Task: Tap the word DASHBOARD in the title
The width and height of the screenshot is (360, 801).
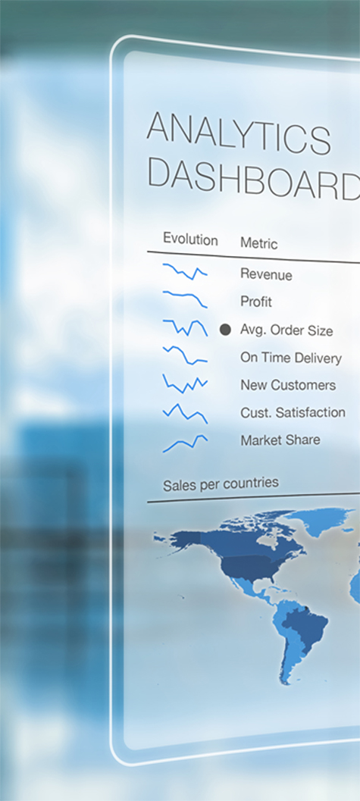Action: (254, 178)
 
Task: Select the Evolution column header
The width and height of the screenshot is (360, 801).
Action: (190, 239)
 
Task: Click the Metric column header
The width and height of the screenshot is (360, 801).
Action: (259, 243)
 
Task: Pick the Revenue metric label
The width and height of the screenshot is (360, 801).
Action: (266, 274)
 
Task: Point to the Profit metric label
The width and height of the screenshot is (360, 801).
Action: (256, 302)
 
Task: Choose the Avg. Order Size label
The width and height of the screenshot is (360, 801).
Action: (286, 330)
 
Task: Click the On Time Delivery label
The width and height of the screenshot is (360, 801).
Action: (290, 358)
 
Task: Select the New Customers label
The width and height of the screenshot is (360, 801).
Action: (288, 385)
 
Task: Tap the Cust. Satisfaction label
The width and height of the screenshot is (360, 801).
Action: (293, 411)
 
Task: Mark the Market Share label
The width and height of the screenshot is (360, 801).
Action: (280, 440)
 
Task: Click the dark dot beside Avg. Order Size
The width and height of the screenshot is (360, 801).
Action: (225, 330)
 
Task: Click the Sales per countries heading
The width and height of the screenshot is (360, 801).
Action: (221, 483)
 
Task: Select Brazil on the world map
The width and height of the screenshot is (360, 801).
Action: (306, 623)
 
